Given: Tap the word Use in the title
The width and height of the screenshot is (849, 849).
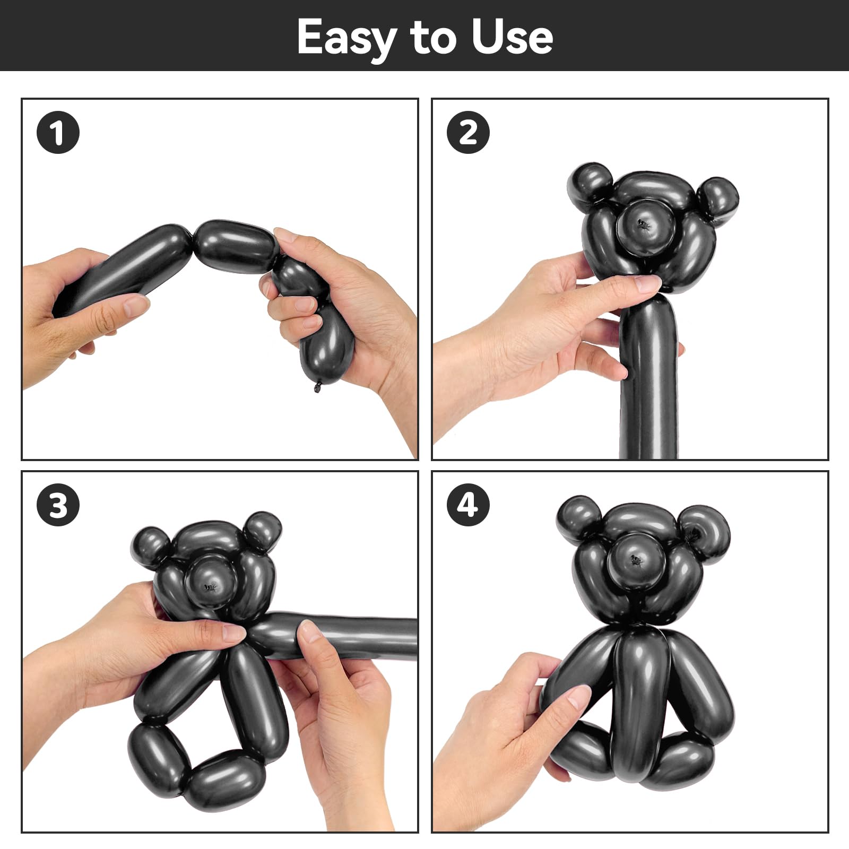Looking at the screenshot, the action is point(512,37).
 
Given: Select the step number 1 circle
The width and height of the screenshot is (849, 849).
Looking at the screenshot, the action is point(58,132).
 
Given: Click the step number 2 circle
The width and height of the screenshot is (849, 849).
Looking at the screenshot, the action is point(468,132).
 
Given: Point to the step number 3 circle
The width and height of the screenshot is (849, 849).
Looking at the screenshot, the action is point(58,505).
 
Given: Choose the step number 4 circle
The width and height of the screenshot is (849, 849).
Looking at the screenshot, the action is point(468,505).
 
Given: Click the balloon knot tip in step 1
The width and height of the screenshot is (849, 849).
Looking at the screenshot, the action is point(317,387).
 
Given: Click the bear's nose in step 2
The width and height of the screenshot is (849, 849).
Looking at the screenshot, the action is point(645,228).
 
